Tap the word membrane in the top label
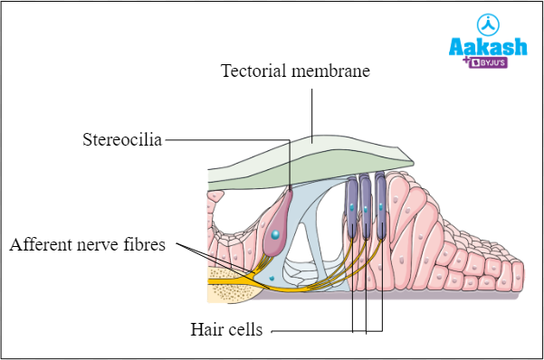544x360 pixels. coord(330,70)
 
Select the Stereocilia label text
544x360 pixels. coord(122,140)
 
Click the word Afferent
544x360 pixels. coord(41,245)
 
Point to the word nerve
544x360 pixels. coord(101,245)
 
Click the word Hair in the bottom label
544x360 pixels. coord(206,330)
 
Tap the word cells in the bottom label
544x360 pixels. coord(244,330)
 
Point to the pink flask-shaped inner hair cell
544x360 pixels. coord(277,226)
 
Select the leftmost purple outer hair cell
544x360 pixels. coord(351,208)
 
